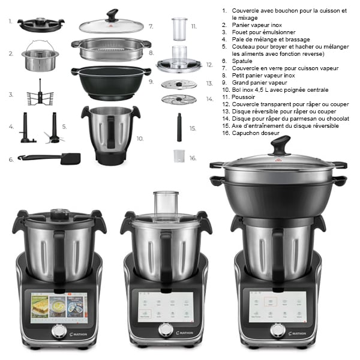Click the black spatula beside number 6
[54, 158]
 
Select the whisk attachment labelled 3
[40, 94]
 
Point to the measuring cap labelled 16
[177, 155]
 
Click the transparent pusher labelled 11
[179, 28]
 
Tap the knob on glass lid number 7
[112, 14]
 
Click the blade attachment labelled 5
[55, 129]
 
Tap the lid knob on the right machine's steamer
[280, 145]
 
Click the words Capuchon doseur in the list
[256, 133]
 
